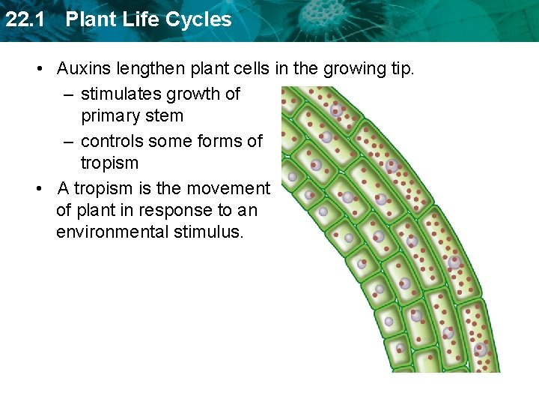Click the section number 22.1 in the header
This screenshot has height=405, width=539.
[x=22, y=19]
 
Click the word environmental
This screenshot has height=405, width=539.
[x=117, y=232]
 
